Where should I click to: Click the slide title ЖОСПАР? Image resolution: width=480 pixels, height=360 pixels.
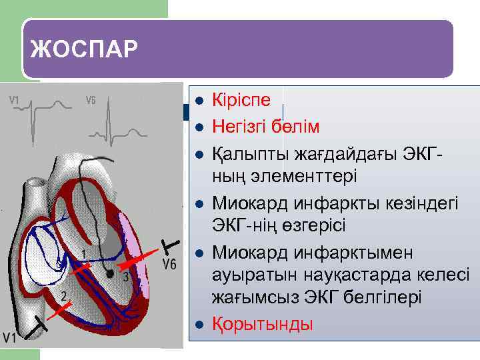(x=84, y=49)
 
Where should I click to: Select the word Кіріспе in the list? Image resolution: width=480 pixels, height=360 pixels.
(x=241, y=100)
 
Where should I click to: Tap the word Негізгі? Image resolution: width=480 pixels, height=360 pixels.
(x=243, y=127)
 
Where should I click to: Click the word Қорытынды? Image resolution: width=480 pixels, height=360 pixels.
(x=262, y=324)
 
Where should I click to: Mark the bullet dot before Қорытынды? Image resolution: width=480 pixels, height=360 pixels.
(x=198, y=325)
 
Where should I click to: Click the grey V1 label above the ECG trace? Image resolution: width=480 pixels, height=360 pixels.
(x=15, y=101)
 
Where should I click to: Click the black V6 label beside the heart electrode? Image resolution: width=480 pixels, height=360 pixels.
(x=169, y=264)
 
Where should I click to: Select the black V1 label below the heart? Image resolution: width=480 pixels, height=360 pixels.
(x=9, y=337)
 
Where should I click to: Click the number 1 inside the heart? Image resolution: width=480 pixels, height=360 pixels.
(x=83, y=254)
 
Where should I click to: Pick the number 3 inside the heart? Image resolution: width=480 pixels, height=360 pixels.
(x=125, y=277)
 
